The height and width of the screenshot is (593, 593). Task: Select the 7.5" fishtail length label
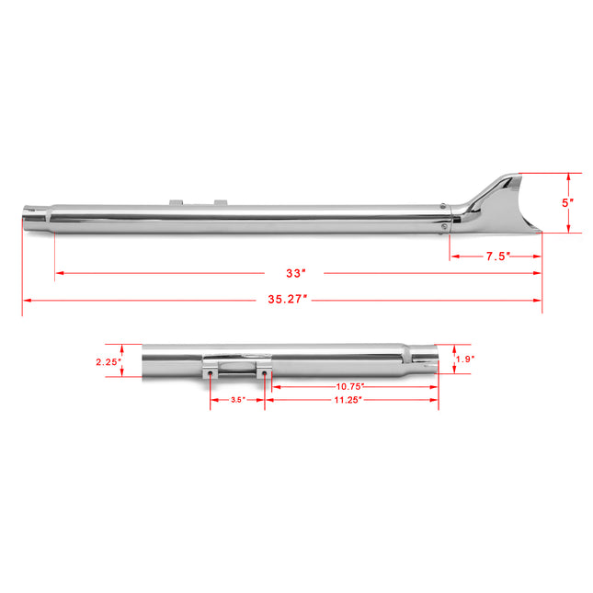click(497, 257)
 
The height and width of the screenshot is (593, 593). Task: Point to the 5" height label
click(569, 202)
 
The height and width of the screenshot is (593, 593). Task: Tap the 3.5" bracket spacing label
click(237, 401)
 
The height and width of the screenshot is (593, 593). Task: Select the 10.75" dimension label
click(350, 387)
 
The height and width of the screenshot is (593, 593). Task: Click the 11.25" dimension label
click(348, 401)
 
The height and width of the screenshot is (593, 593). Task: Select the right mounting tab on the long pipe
click(220, 200)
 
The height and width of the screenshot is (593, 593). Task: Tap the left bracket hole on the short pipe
click(211, 374)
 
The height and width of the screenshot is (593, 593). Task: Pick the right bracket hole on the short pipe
click(266, 374)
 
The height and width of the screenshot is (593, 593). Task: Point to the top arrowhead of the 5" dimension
click(569, 176)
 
